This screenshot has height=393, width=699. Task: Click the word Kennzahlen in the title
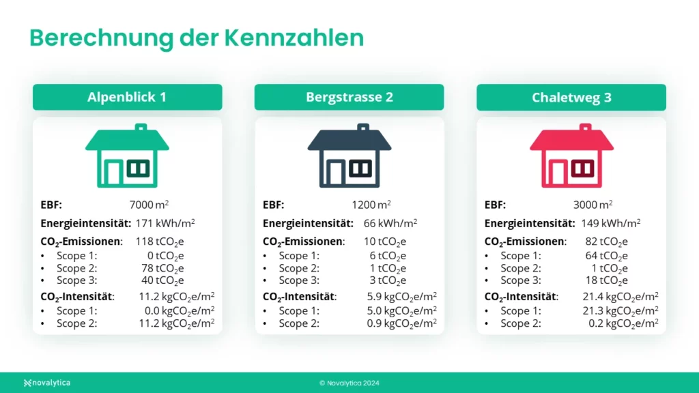pos(294,38)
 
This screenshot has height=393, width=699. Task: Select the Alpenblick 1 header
pos(127,97)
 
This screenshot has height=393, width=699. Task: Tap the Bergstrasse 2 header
pos(349,97)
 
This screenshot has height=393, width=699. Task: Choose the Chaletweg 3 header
pos(571,98)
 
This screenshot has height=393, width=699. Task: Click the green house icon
pos(127,156)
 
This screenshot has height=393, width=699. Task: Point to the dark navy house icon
pos(349,156)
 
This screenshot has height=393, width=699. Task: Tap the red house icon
pos(571,156)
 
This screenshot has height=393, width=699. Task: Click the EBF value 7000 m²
pos(149,205)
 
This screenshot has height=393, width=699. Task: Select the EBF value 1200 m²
pos(371,205)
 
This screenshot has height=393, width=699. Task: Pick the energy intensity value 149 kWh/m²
pos(611,223)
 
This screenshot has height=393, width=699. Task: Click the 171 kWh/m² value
pos(165,223)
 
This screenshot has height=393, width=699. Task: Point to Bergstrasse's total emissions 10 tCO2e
pos(385,242)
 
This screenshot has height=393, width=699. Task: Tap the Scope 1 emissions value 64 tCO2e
pos(606,256)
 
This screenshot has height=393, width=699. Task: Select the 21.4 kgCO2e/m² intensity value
pos(620,297)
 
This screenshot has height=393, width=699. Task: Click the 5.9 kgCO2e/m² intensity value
pos(401,297)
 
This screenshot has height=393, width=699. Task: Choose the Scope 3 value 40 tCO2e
pos(162,280)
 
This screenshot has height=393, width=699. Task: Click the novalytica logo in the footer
pos(47,383)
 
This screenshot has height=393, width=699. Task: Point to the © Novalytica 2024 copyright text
pos(349,383)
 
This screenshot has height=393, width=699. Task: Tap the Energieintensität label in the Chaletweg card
pos(530,223)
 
